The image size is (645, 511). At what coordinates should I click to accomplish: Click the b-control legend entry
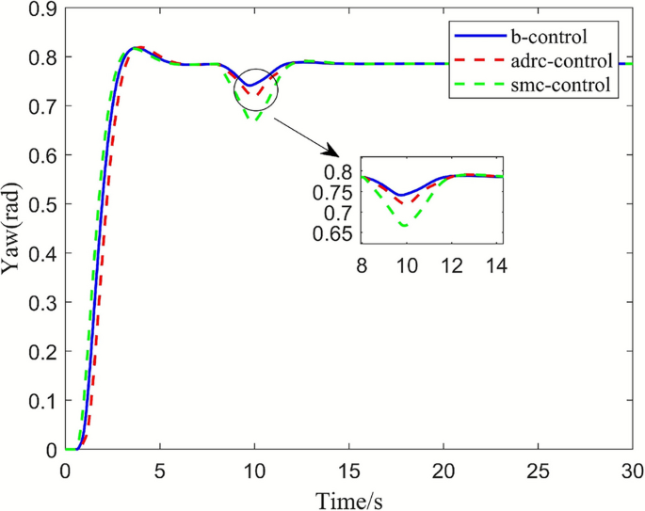point(549,38)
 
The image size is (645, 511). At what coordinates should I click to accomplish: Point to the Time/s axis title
point(349,496)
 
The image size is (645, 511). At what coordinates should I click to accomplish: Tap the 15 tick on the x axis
point(349,469)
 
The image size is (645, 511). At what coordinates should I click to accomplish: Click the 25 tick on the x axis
point(539,469)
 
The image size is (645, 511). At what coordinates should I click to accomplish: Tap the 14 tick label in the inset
point(495,266)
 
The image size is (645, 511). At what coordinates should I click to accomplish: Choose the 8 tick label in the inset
point(362,266)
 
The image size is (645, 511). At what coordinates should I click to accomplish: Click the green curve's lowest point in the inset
point(405,226)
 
